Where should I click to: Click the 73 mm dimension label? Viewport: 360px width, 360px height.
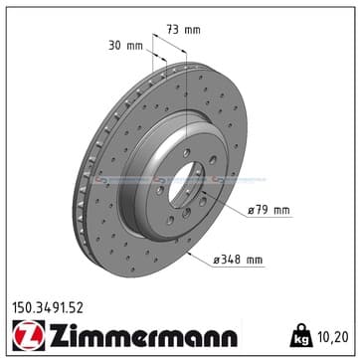coord(183,30)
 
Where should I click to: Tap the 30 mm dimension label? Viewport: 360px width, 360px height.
coord(125,46)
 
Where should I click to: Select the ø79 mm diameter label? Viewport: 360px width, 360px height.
coord(270,210)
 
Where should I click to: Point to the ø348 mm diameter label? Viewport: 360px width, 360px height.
coord(238,260)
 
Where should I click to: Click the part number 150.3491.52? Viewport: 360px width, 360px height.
coord(48,308)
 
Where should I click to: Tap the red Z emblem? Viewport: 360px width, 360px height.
coord(29,335)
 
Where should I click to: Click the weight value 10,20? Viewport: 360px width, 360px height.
coord(333,337)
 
